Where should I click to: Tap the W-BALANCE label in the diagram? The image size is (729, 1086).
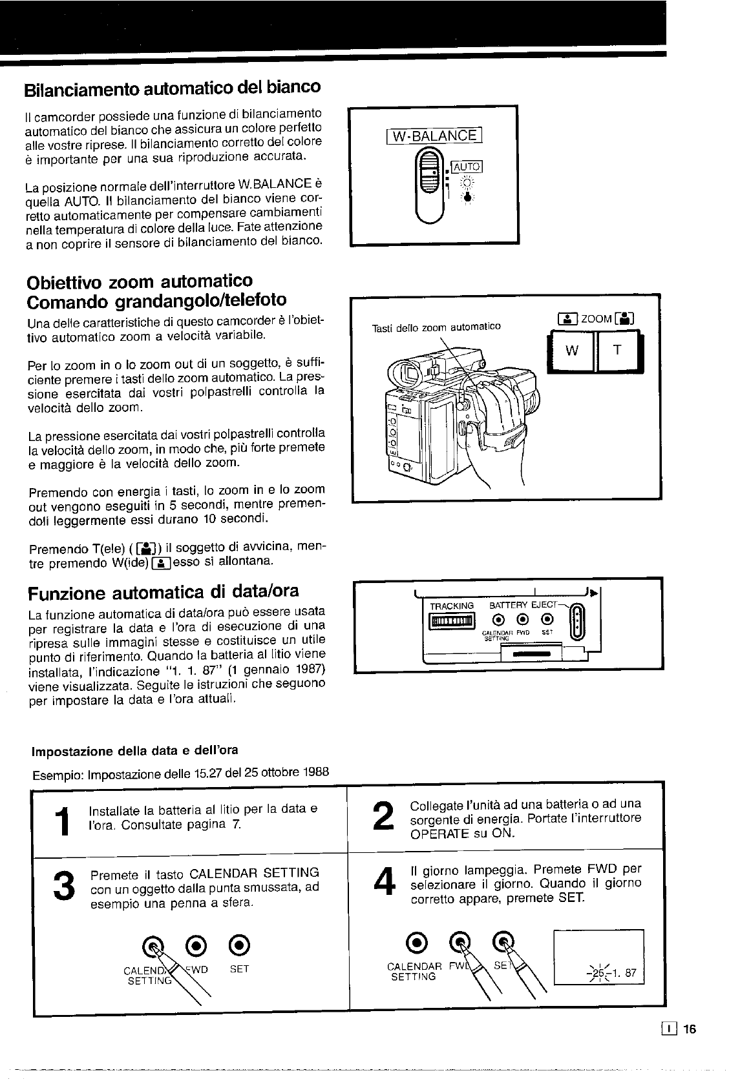point(434,136)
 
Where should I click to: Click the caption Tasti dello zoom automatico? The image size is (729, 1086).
point(436,327)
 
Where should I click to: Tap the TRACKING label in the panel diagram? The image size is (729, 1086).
point(452,606)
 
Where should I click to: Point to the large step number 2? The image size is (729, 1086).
point(383,817)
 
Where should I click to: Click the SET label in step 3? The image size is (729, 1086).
point(239,968)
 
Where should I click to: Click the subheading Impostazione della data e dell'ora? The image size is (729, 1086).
point(134,750)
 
